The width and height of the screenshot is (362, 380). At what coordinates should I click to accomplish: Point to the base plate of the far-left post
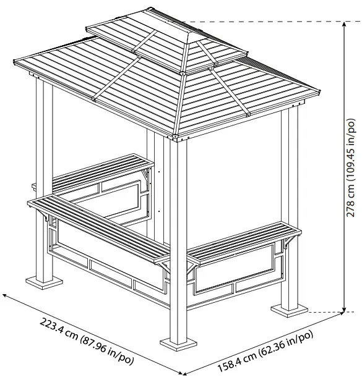pyautogui.click(x=45, y=282)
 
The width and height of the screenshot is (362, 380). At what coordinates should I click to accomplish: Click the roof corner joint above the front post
pyautogui.click(x=176, y=134)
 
